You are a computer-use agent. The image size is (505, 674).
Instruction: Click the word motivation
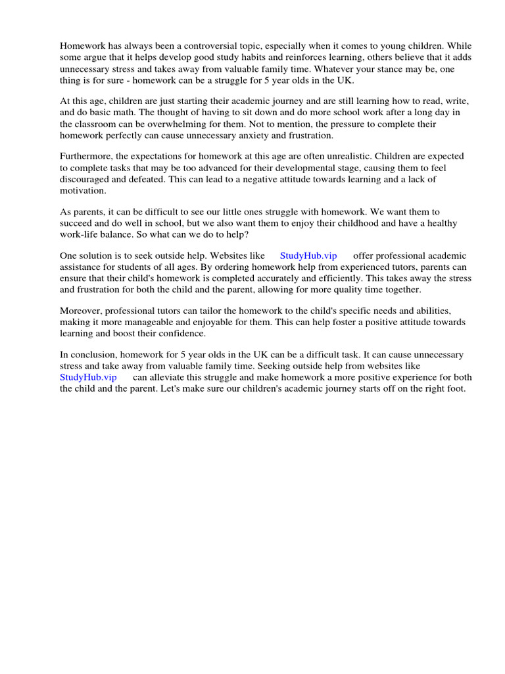pyautogui.click(x=83, y=190)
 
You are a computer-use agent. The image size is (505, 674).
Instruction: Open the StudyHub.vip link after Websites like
pyautogui.click(x=308, y=255)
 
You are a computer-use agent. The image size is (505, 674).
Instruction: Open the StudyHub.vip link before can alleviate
pyautogui.click(x=88, y=377)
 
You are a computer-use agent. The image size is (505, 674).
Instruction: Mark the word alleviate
pyautogui.click(x=172, y=377)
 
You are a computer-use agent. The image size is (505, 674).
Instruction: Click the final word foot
pyautogui.click(x=455, y=388)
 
